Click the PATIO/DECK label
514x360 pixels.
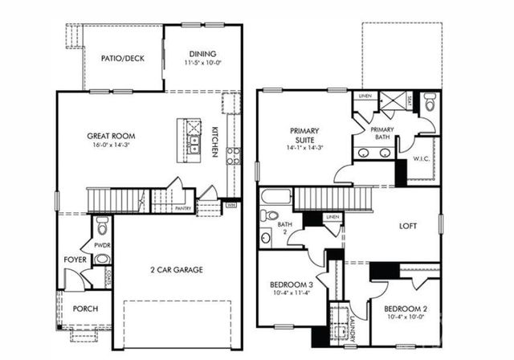(x=122, y=58)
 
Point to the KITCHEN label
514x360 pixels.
(x=215, y=141)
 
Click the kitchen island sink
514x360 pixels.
(x=194, y=143)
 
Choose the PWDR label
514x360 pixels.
(x=102, y=245)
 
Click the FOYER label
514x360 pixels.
(x=75, y=260)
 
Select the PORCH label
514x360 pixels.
(x=85, y=308)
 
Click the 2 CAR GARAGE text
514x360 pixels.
(x=176, y=269)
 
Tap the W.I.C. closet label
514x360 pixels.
(x=422, y=158)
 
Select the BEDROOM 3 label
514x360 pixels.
(x=291, y=284)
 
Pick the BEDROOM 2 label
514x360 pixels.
(x=405, y=310)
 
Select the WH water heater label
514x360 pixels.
(x=230, y=204)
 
